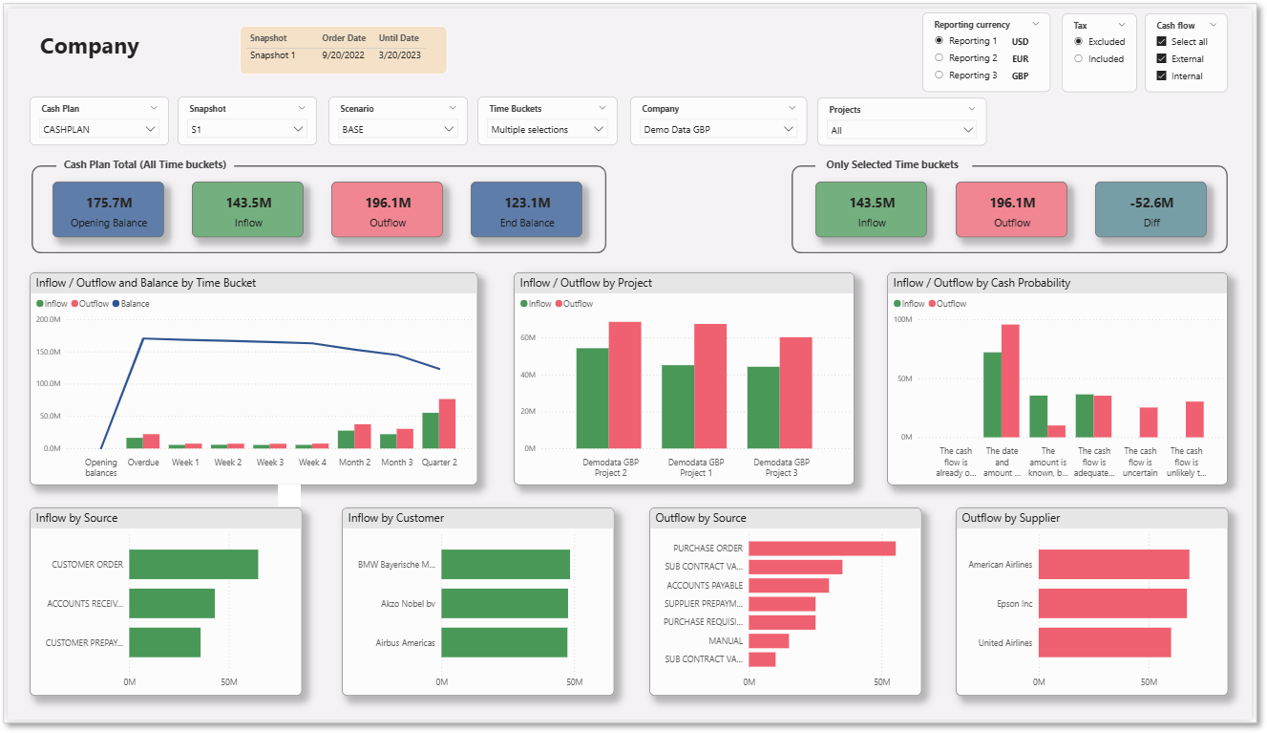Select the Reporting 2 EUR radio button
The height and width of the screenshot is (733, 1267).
coord(939,57)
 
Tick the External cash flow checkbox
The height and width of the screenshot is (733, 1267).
coord(1161,58)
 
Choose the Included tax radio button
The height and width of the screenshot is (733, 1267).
coord(1078,58)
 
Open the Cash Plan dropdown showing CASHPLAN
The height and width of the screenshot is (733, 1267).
coord(99,129)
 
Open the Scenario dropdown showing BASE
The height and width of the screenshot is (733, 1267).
coord(397,129)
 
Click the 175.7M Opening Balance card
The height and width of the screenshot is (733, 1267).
coord(108,209)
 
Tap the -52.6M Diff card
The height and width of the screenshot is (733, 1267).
coord(1151,209)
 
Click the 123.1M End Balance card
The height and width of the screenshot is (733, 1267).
coord(526,209)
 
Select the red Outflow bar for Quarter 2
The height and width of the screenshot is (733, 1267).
coord(448,423)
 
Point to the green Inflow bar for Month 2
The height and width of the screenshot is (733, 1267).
coord(347,440)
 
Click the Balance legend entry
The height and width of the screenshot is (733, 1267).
coord(131,304)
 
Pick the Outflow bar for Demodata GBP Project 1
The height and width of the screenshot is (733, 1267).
coord(710,386)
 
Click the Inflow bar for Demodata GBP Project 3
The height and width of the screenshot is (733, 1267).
coord(763,407)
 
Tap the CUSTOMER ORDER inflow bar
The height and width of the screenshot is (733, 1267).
coord(194,565)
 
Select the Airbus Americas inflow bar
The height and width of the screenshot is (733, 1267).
coord(504,642)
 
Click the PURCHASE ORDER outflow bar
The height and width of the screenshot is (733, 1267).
coord(822,549)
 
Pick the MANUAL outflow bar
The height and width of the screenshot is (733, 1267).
coord(769,640)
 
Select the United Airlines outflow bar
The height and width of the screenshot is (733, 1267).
coord(1105,642)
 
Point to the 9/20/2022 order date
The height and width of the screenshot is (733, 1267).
coord(344,55)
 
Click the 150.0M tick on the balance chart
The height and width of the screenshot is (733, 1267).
coord(49,352)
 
